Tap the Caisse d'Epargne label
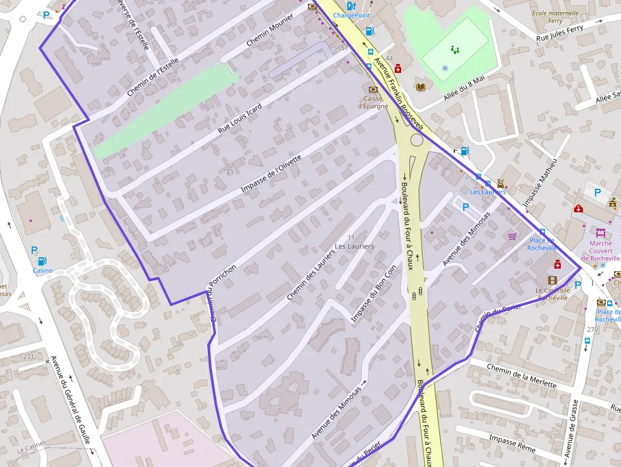373,103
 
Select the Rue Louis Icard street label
240,117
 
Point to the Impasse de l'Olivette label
280,173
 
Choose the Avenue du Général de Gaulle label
70,399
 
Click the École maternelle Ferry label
555,17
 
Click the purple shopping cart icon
512,236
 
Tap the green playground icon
454,49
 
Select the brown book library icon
420,87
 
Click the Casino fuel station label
42,271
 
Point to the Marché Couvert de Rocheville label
601,251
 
